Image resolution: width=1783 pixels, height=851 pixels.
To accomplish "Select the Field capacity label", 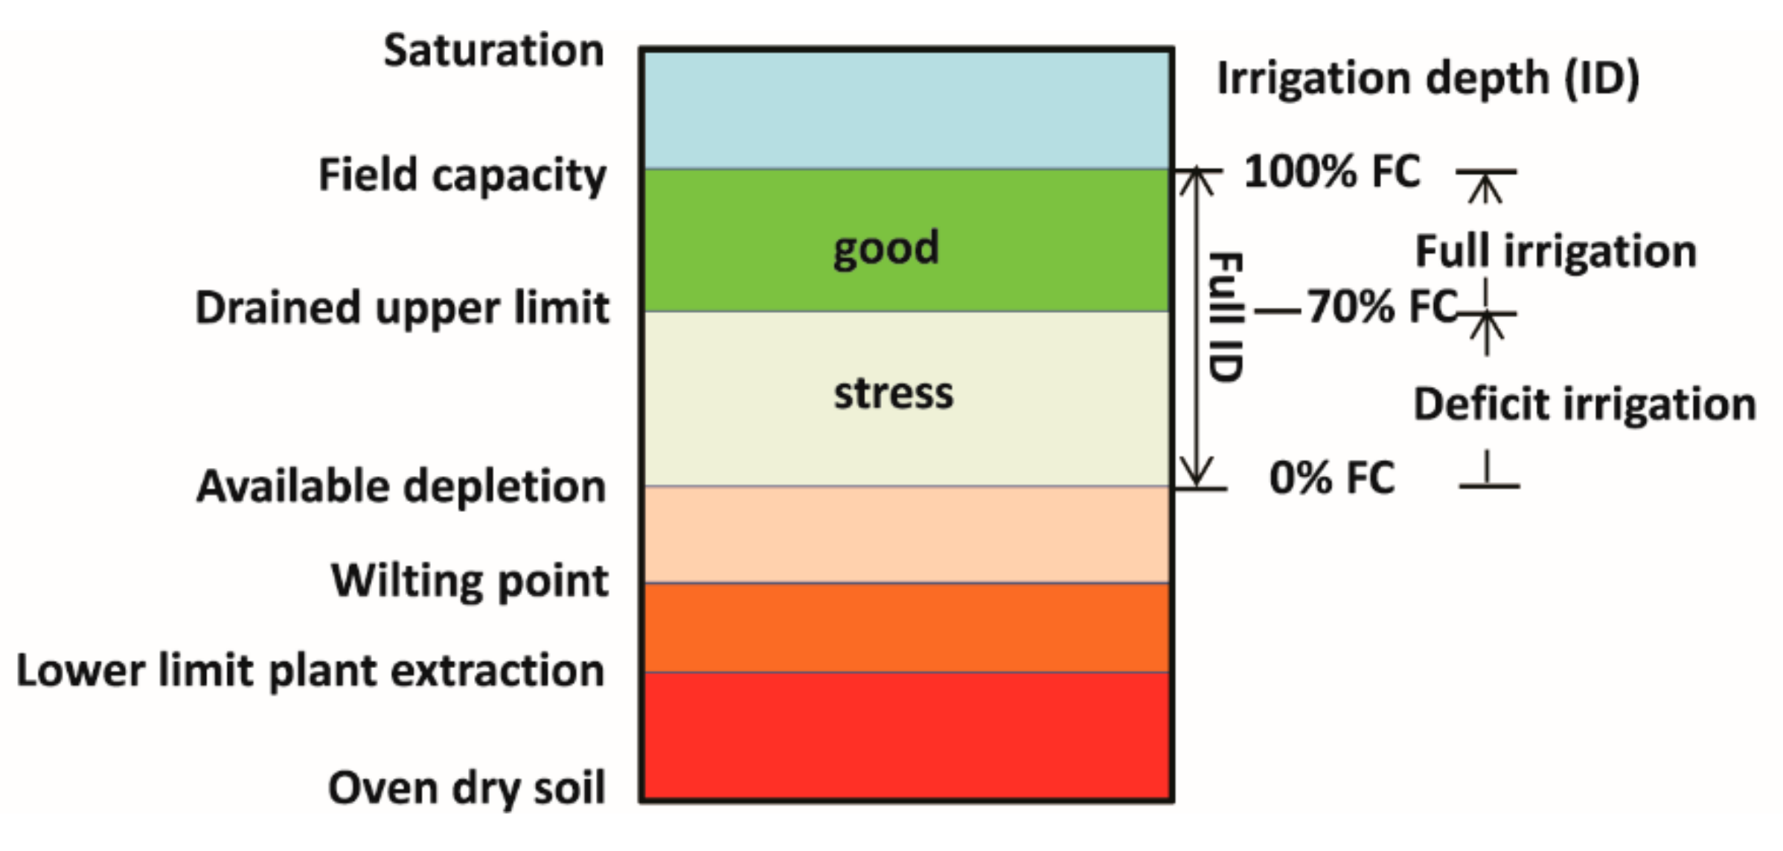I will click(x=461, y=176).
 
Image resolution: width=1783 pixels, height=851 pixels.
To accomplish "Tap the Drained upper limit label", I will click(x=402, y=308).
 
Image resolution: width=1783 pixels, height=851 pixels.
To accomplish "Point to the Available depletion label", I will click(x=400, y=486).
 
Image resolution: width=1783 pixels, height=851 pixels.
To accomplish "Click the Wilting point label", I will click(x=469, y=580).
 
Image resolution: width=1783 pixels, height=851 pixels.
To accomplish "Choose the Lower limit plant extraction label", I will click(x=310, y=671).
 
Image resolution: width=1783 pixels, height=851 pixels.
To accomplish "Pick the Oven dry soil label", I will click(x=466, y=789).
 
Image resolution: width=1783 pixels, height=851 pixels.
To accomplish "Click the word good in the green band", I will click(x=886, y=248).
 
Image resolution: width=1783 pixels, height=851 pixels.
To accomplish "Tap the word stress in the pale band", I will click(x=893, y=393).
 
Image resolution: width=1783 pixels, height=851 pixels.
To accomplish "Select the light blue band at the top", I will click(x=906, y=109).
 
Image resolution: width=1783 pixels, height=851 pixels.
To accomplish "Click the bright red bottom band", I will click(x=906, y=736).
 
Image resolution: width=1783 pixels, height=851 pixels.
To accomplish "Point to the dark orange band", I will click(x=906, y=628).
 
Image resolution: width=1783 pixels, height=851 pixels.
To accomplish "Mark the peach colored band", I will click(x=906, y=534).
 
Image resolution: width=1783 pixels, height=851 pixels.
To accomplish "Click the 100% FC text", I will click(x=1332, y=171).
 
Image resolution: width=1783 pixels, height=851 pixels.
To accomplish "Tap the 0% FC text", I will click(x=1332, y=478).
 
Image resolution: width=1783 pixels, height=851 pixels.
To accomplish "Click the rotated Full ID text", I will click(x=1225, y=317).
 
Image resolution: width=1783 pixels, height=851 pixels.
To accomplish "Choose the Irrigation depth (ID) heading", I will click(x=1427, y=77).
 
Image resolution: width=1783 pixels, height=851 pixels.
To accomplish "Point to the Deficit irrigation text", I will click(x=1584, y=405).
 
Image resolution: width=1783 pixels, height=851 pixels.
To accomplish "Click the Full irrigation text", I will click(x=1555, y=251).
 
